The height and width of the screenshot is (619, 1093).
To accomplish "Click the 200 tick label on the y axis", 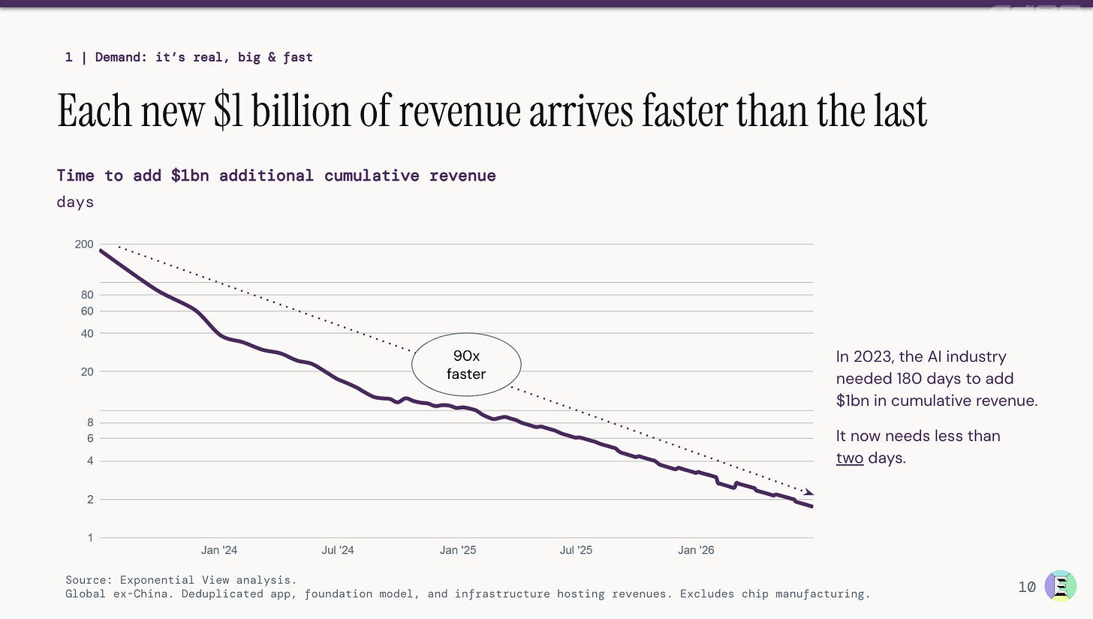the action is [84, 244].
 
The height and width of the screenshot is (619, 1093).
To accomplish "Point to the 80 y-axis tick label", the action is [87, 295].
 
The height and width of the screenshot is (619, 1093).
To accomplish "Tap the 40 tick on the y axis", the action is [87, 334].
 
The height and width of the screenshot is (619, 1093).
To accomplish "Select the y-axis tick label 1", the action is [90, 537].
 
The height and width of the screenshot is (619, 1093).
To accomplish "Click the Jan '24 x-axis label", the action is [219, 550].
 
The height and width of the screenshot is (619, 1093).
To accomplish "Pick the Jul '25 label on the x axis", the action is [576, 550].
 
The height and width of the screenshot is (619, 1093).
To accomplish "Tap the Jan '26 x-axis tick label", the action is [696, 550].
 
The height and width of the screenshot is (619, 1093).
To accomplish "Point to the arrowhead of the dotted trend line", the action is [808, 493].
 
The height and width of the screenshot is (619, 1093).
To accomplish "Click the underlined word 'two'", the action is [850, 458].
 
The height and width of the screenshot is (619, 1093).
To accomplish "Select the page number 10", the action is [1027, 587].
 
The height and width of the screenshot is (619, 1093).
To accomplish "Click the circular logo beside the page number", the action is [1060, 586].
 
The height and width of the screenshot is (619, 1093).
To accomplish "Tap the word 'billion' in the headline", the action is [300, 111].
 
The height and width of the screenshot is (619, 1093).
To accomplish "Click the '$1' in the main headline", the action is [228, 111].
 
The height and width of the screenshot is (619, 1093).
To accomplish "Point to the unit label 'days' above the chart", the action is [74, 202].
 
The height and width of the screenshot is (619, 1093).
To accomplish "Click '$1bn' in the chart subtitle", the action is [190, 176].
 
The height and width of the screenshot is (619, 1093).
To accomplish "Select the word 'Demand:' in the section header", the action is [121, 57].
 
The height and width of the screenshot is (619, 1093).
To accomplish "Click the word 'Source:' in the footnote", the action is [89, 580].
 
